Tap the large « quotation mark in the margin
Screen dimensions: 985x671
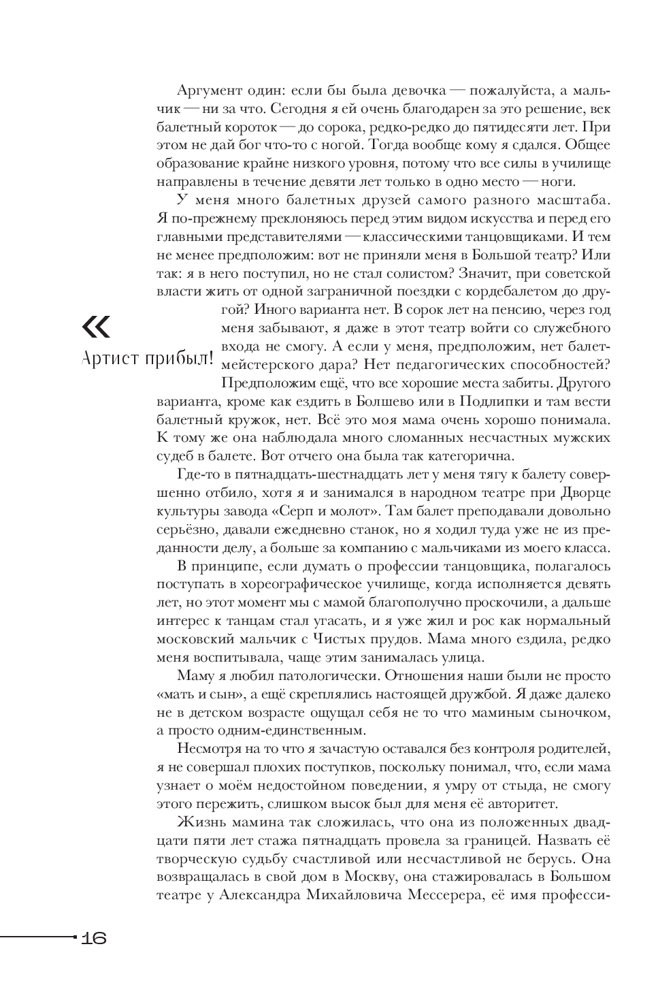pos(95,327)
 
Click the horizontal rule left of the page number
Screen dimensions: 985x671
pos(37,937)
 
